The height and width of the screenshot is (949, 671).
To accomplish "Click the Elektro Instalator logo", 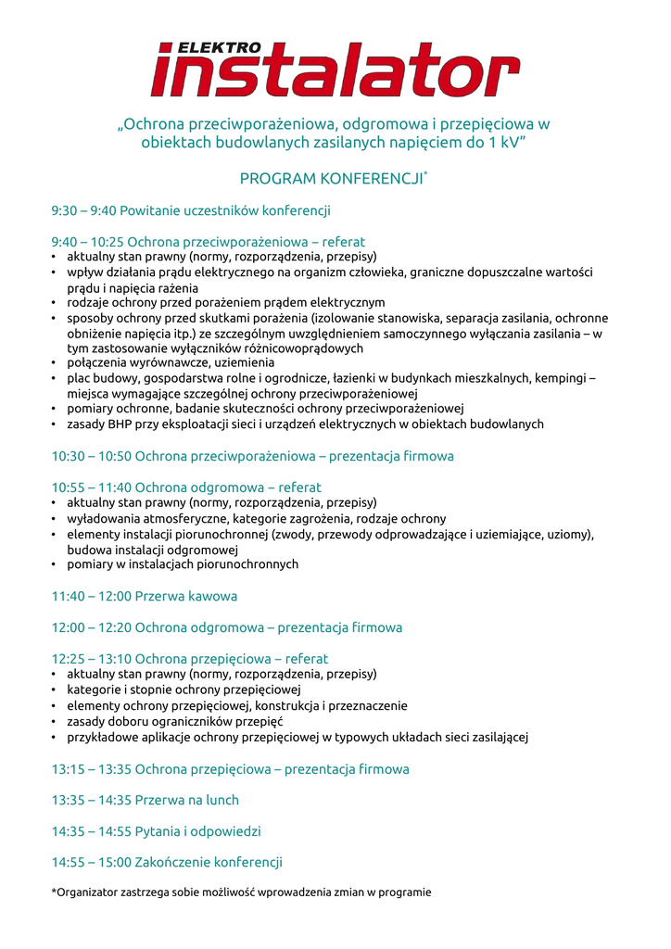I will [335, 70].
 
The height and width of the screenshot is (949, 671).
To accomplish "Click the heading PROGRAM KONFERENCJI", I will [331, 178].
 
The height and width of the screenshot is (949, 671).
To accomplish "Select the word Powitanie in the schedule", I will [150, 210].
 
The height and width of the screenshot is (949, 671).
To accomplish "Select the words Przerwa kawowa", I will [186, 596].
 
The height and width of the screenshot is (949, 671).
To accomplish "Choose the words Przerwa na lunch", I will [186, 800].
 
